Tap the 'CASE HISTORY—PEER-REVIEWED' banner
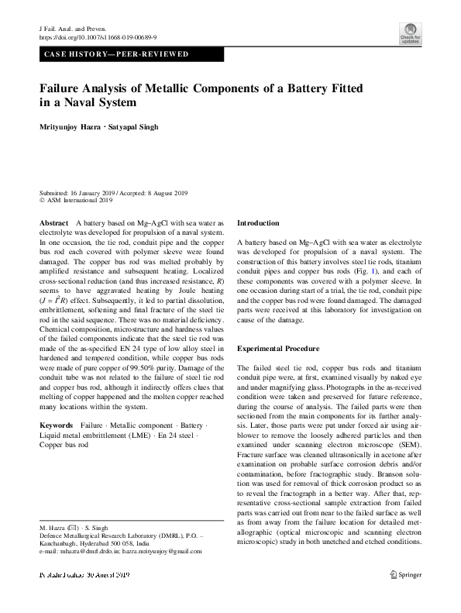click(x=116, y=55)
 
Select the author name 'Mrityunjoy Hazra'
click(x=74, y=126)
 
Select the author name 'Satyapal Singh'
click(x=146, y=126)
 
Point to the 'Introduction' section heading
click(x=258, y=222)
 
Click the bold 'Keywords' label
click(x=57, y=425)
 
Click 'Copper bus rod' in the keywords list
click(x=63, y=445)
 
